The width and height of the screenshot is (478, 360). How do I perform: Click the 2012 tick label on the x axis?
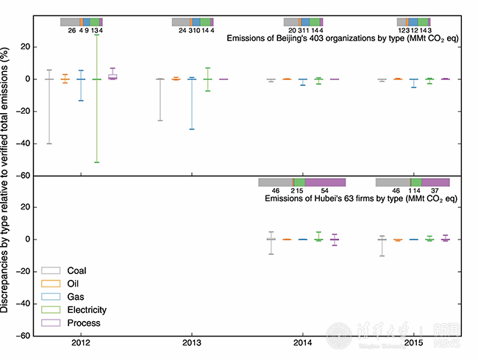click(82, 343)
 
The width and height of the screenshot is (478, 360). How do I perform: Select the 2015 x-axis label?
click(413, 343)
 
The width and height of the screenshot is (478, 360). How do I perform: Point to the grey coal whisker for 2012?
click(49, 110)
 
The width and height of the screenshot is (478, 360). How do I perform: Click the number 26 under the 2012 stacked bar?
click(71, 31)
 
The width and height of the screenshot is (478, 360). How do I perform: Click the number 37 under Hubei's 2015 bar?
click(435, 191)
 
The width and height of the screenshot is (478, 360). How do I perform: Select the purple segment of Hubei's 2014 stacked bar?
click(324, 181)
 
